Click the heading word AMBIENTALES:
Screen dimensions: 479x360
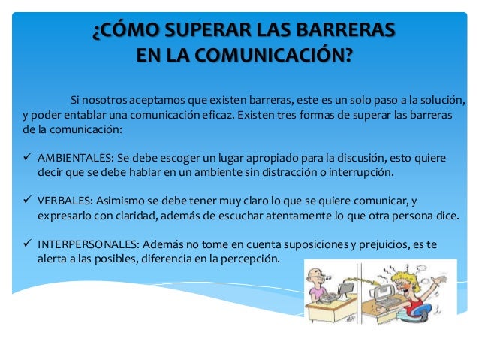[x=76, y=158]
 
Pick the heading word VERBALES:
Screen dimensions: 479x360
[x=65, y=201]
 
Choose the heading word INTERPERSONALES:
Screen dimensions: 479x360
[x=89, y=244]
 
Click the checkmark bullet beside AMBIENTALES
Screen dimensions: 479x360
[x=27, y=157]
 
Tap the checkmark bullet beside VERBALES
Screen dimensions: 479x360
[x=27, y=200]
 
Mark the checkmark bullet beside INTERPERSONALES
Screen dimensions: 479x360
[x=27, y=244]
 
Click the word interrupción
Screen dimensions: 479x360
[x=361, y=173]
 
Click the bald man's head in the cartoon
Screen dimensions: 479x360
[x=315, y=276]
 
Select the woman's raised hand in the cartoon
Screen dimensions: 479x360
[x=440, y=280]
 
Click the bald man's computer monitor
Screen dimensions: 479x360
[x=346, y=289]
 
